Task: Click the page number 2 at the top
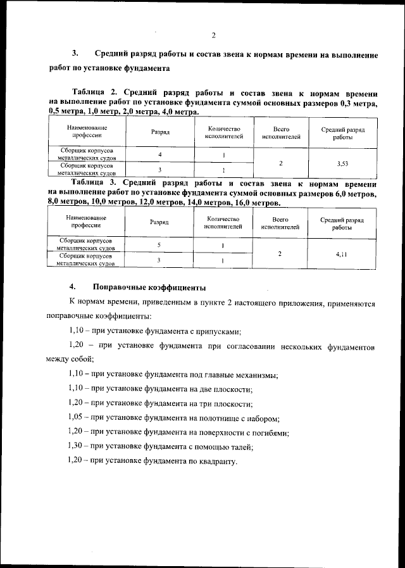coord(214,35)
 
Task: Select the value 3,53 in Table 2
coord(342,163)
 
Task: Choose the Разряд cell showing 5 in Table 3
coord(159,245)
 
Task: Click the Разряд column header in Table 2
coord(159,132)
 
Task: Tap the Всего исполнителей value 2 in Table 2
coord(280,163)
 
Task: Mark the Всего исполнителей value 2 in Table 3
coord(280,253)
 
